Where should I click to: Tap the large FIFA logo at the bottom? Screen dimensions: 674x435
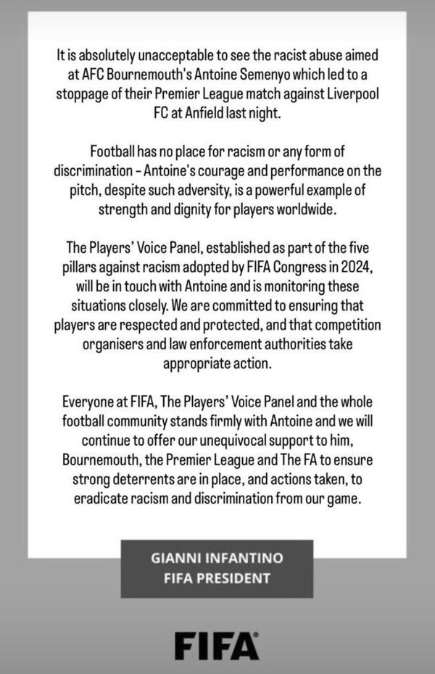pos(216,644)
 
